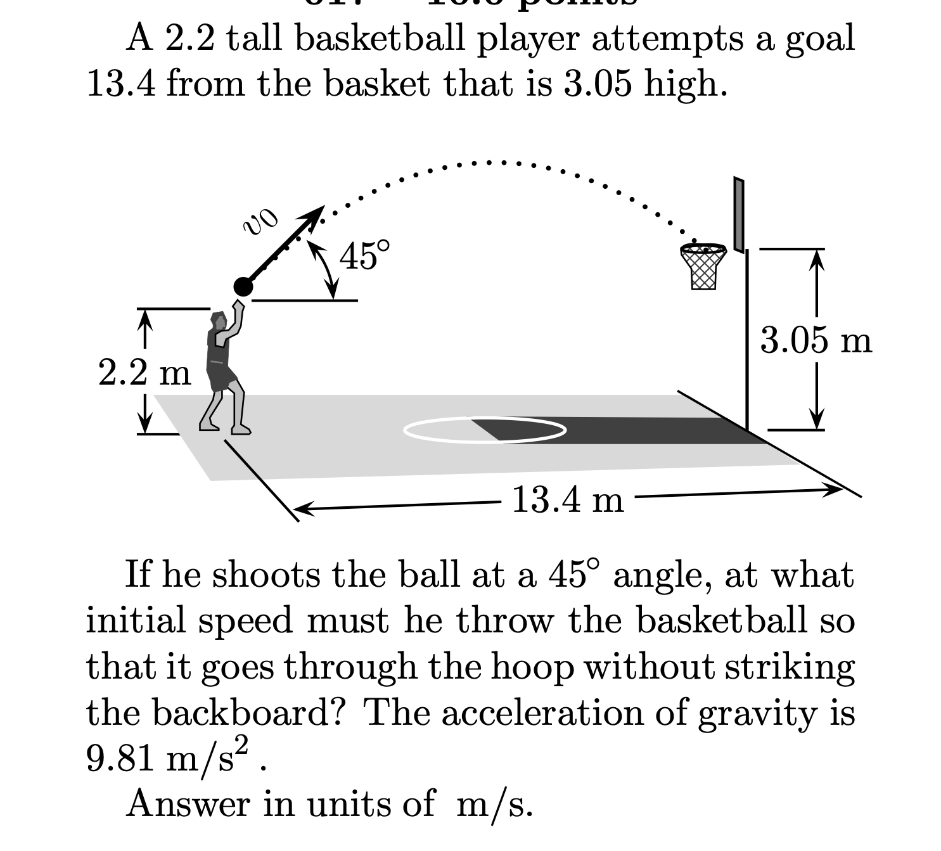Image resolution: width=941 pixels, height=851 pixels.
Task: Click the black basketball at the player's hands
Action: pos(243,287)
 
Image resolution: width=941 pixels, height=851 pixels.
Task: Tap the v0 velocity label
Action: pos(260,222)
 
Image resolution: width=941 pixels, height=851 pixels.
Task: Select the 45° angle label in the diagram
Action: pos(364,255)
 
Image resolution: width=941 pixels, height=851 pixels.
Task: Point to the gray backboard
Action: pos(738,214)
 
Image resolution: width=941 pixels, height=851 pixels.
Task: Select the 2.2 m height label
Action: pos(144,372)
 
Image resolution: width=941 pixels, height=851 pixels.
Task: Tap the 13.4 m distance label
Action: pos(567,500)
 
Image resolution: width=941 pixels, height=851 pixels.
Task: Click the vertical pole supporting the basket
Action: pos(748,342)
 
